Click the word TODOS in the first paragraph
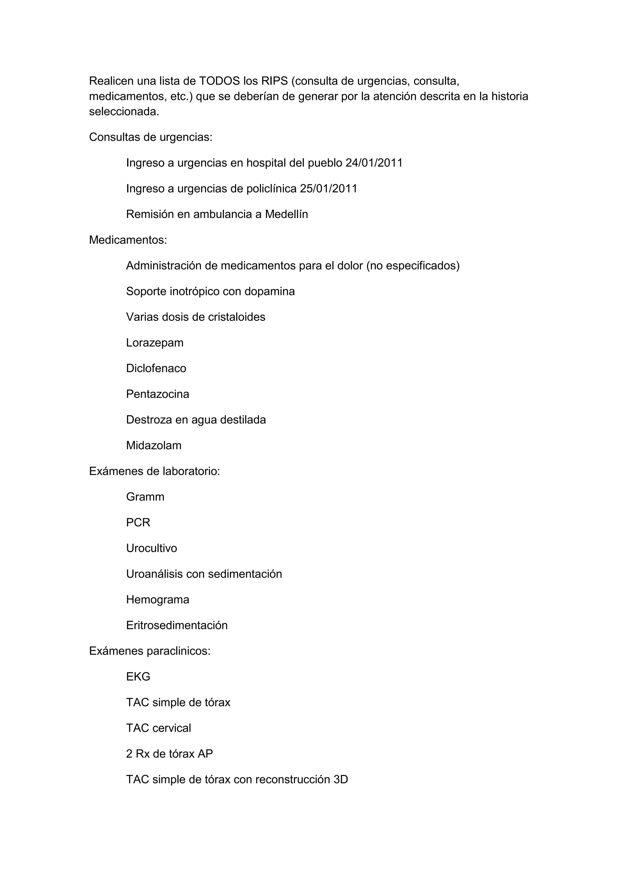[219, 81]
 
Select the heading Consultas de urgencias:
[150, 137]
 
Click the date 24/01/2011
[374, 163]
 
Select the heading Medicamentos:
[128, 240]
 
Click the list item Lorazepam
[155, 343]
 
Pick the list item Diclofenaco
[156, 368]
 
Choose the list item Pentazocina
[158, 394]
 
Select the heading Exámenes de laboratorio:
[154, 471]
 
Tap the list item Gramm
[145, 497]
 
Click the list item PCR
[138, 523]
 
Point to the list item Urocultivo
[151, 548]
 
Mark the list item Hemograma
[158, 600]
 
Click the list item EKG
[138, 677]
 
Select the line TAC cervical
[158, 728]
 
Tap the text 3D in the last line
[341, 780]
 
